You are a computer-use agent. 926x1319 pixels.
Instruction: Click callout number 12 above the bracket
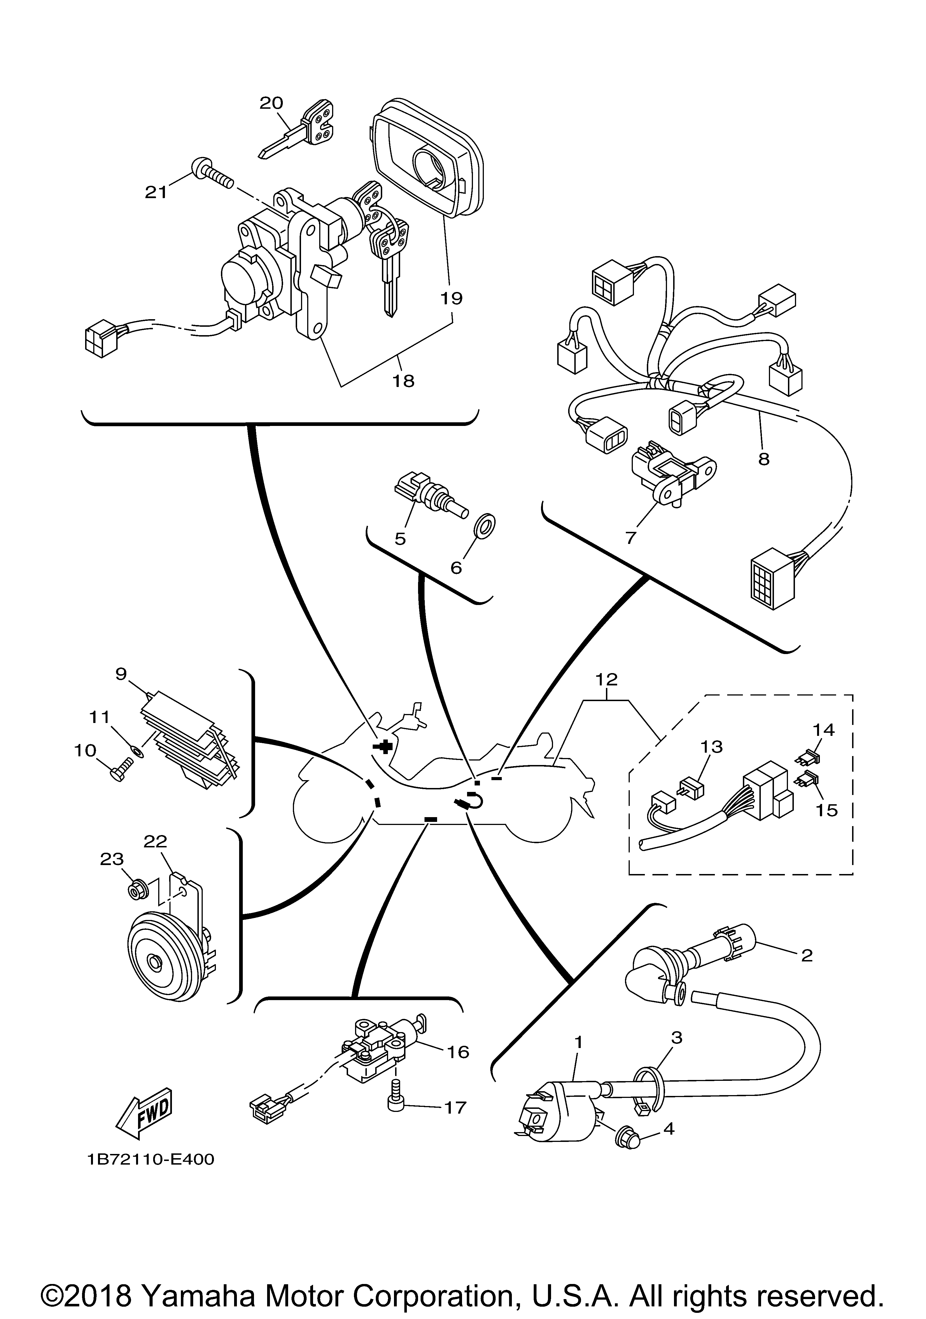click(x=607, y=680)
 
